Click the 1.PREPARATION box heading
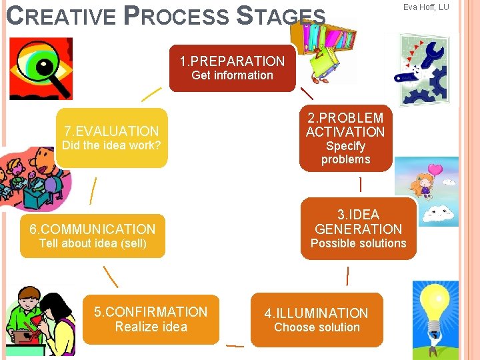point(232,61)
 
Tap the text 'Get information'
point(232,75)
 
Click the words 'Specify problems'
point(345,153)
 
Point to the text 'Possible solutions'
point(358,243)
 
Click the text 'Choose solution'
point(317,327)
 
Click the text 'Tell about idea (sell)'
point(93,243)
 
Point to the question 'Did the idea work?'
point(111,145)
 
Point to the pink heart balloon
point(435,171)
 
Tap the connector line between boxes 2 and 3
point(361,185)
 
